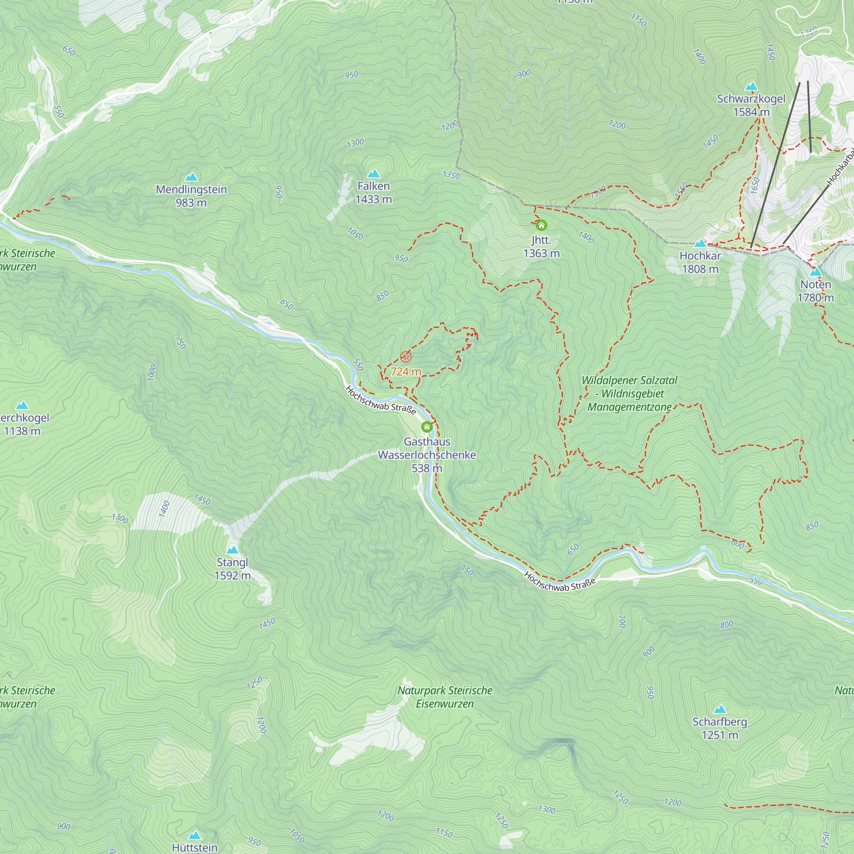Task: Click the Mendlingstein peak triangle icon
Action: pyautogui.click(x=191, y=177)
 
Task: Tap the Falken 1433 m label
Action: pyautogui.click(x=374, y=192)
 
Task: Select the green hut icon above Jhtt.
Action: pyautogui.click(x=541, y=225)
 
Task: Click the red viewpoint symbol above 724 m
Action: pyautogui.click(x=406, y=357)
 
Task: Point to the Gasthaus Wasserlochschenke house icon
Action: pyautogui.click(x=427, y=427)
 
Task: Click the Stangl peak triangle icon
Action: pyautogui.click(x=233, y=550)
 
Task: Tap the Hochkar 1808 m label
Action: pyautogui.click(x=700, y=262)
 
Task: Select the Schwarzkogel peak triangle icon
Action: pyautogui.click(x=752, y=87)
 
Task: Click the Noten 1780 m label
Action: pyautogui.click(x=816, y=291)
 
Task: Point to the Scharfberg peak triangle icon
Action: pyautogui.click(x=720, y=709)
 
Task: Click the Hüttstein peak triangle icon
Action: pyautogui.click(x=194, y=836)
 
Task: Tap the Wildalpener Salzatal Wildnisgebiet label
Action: pyautogui.click(x=629, y=393)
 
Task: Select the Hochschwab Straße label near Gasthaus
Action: pyautogui.click(x=380, y=400)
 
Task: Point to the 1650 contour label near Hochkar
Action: pyautogui.click(x=755, y=185)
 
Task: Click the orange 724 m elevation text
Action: pyautogui.click(x=406, y=372)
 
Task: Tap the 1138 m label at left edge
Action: pyautogui.click(x=22, y=431)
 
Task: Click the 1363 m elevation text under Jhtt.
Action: pyautogui.click(x=541, y=253)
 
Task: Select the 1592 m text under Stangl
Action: pyautogui.click(x=233, y=576)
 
